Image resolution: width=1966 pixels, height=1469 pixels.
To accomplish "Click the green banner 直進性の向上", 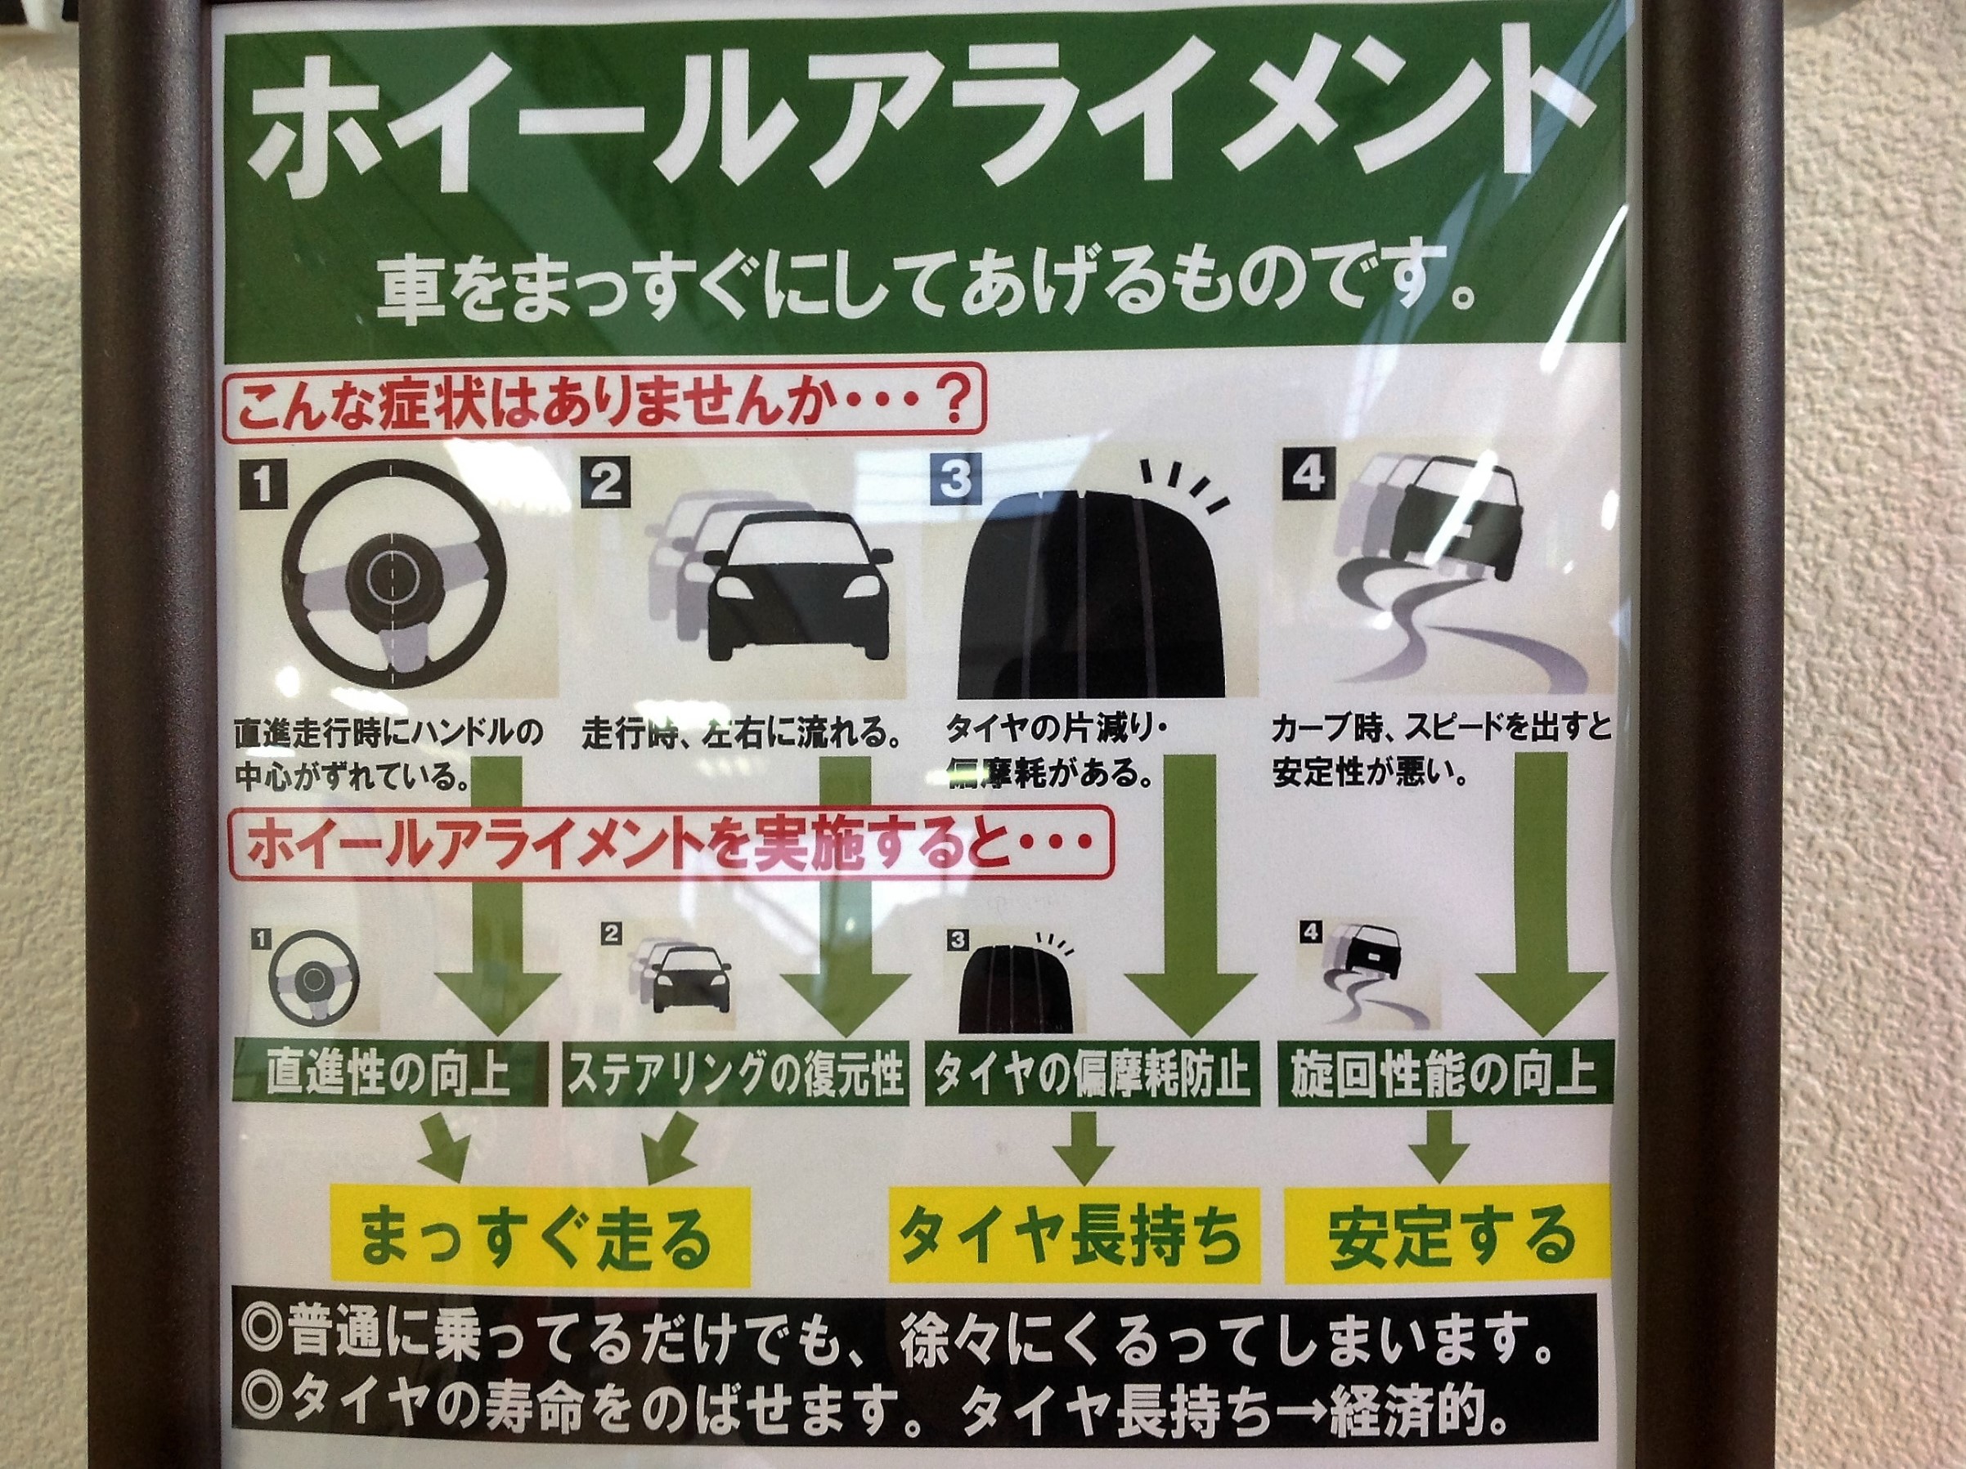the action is [390, 1074].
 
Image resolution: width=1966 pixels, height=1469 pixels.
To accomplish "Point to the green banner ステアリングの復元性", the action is [734, 1074].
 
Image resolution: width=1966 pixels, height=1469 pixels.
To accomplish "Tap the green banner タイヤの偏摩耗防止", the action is [1091, 1074].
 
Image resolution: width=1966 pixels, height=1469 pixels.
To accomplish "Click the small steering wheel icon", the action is [312, 979].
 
